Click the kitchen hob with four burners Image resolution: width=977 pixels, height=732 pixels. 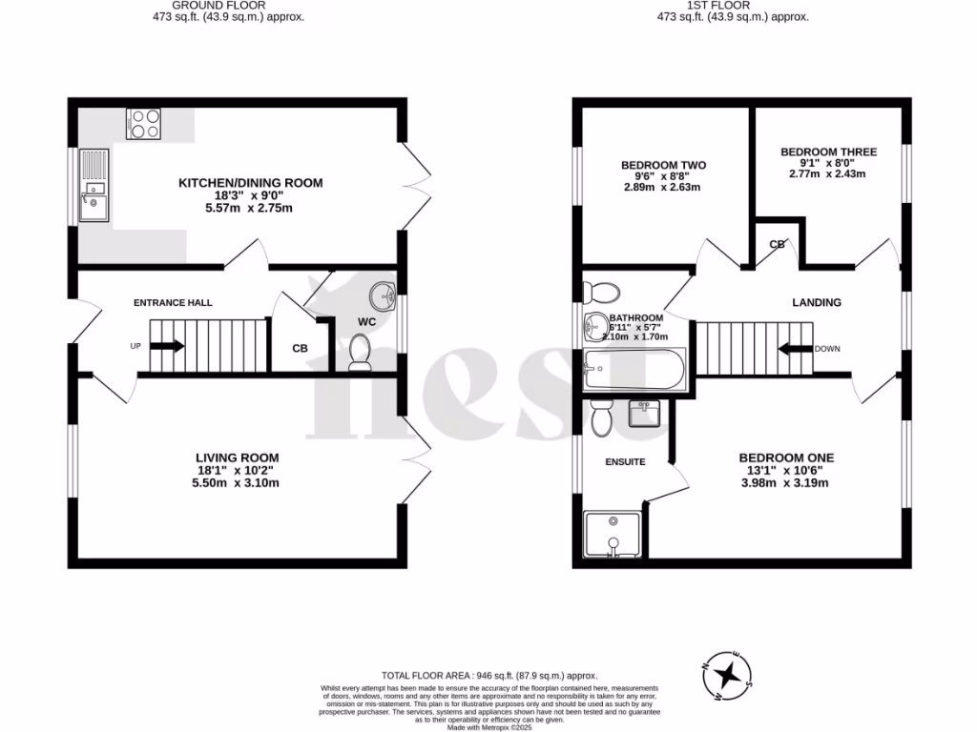point(143,124)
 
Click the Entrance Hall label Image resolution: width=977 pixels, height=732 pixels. point(173,303)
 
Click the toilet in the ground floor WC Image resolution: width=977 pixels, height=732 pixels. point(360,355)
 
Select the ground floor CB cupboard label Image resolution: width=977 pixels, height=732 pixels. point(300,349)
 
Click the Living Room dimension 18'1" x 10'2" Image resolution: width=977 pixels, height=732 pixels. point(237,470)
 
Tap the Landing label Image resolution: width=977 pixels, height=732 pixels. point(817,303)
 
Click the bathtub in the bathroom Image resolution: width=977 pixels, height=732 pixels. point(634,369)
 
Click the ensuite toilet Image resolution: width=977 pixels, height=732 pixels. point(601,418)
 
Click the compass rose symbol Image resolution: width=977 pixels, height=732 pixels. point(728,675)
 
